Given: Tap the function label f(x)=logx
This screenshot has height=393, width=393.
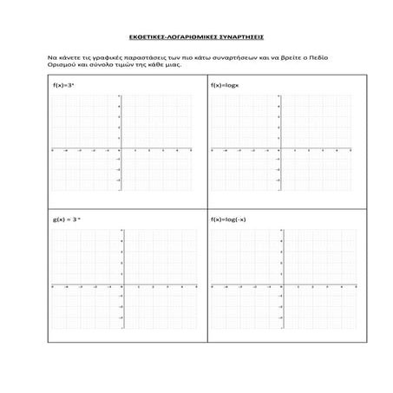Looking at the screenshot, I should click(225, 85).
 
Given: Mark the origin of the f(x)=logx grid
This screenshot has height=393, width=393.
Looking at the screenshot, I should click(279, 149).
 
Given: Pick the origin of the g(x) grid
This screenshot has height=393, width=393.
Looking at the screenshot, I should click(121, 285).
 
